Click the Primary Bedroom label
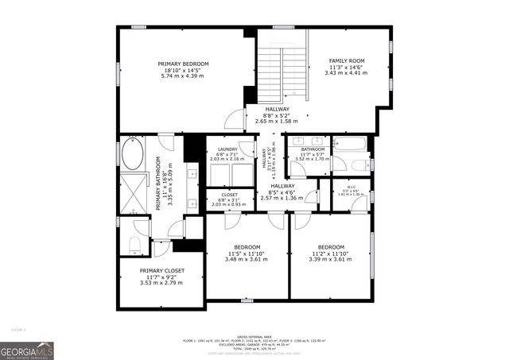click(x=183, y=64)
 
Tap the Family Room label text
click(x=347, y=61)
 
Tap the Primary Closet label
click(x=162, y=271)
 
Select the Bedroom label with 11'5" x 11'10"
click(x=247, y=246)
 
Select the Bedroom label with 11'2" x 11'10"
click(x=330, y=246)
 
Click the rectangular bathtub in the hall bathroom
click(x=349, y=145)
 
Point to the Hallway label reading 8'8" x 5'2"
click(x=277, y=110)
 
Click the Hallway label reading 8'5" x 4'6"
click(x=282, y=186)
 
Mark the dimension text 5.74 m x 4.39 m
click(x=183, y=76)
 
